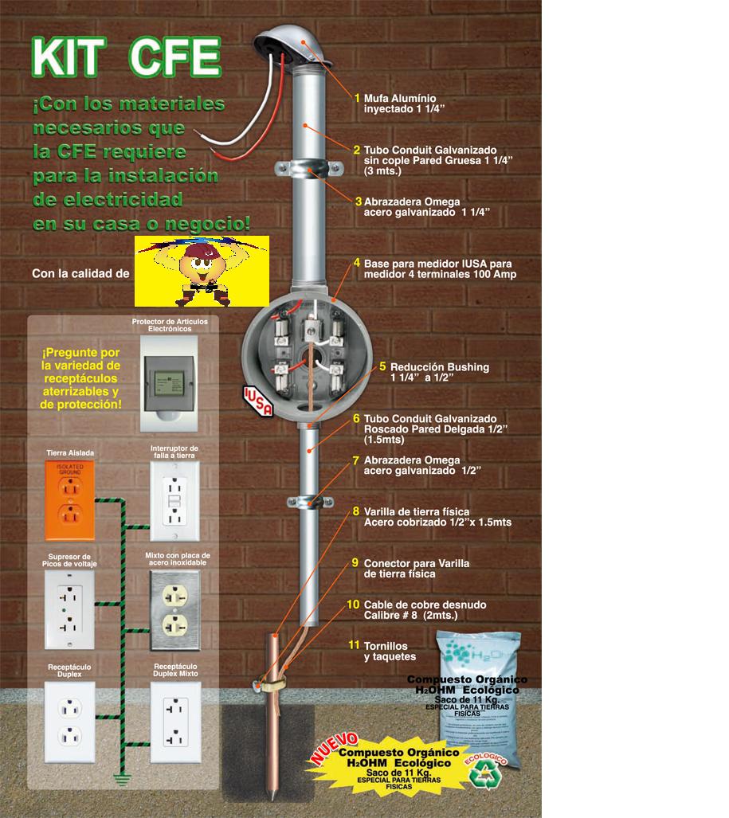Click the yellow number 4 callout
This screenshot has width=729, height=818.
(x=357, y=263)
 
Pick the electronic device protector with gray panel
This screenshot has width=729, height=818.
(x=173, y=373)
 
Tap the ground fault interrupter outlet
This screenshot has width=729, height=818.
(x=174, y=495)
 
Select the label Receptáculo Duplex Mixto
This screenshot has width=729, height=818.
(x=175, y=669)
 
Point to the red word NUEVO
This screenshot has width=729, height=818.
(x=333, y=749)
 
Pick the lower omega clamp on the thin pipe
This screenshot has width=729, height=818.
(x=309, y=502)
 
